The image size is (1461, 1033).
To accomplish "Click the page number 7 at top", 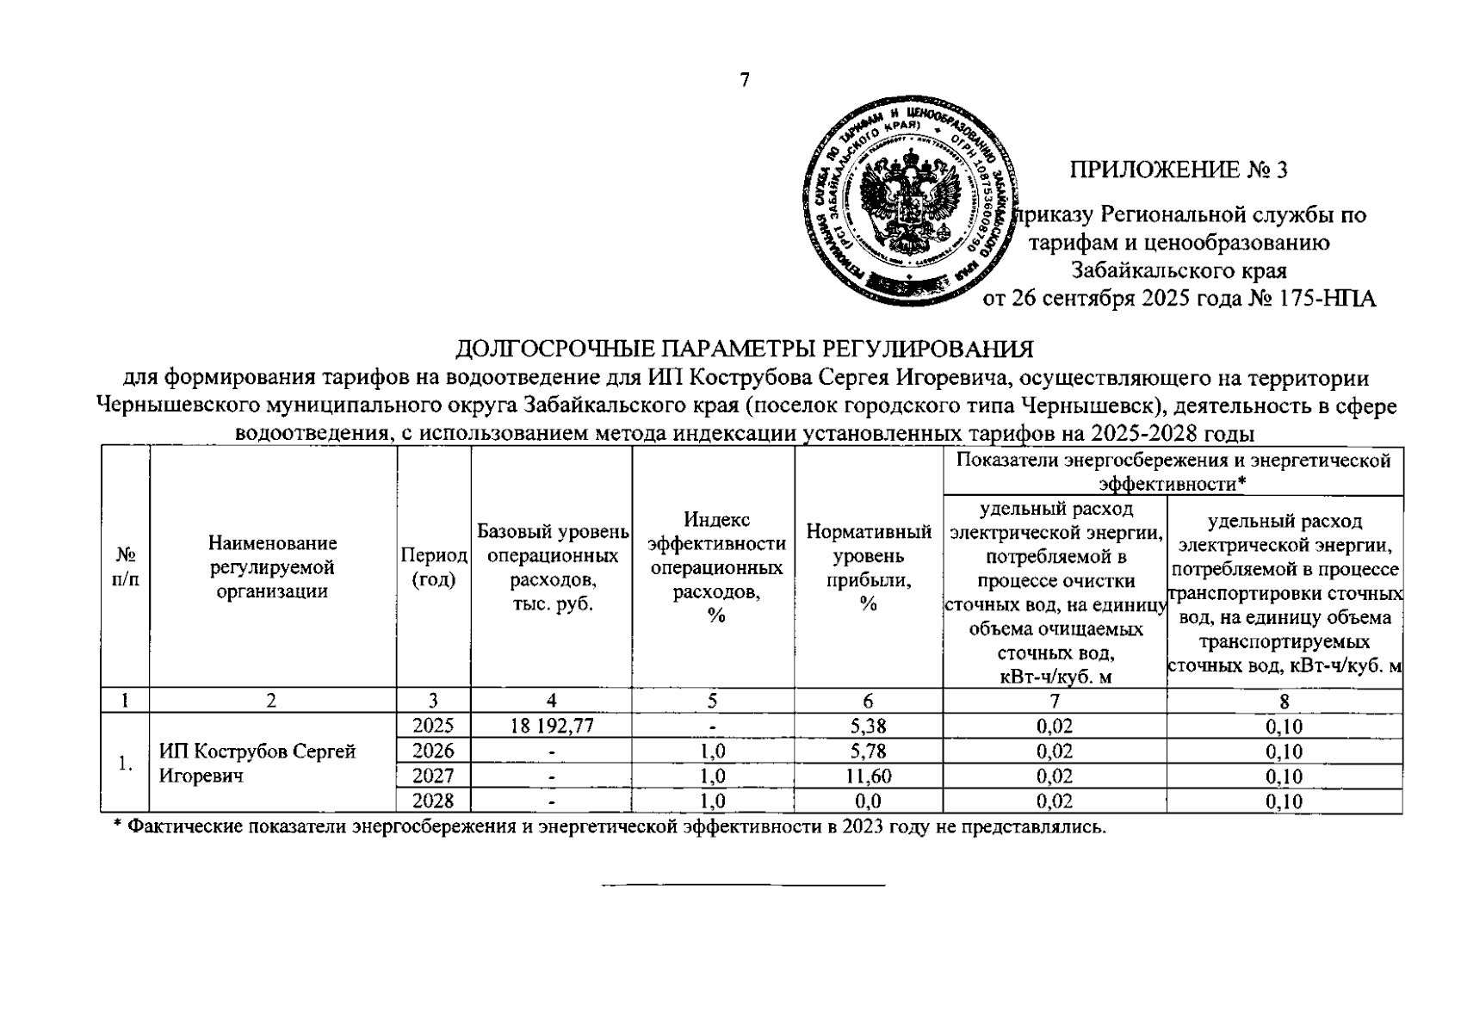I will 745,81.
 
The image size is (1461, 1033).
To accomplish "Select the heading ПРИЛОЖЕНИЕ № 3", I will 1178,170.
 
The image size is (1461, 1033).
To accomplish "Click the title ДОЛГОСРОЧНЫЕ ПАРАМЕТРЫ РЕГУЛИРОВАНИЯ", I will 744,349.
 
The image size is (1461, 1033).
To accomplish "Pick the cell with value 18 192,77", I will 551,726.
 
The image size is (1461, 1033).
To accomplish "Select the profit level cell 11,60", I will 868,776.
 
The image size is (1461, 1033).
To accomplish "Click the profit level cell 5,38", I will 868,726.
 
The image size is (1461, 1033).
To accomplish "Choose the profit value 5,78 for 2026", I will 868,752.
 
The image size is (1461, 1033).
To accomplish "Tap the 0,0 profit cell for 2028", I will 868,801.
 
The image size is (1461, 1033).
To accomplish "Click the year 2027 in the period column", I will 433,776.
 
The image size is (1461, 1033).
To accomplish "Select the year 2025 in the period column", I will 433,726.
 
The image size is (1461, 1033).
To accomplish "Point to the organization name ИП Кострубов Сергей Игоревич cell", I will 258,764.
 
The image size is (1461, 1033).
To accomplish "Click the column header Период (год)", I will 433,567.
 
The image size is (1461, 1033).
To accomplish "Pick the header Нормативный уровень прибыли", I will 868,568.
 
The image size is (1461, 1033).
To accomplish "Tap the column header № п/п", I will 126,567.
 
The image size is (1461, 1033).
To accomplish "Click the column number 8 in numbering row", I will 1285,701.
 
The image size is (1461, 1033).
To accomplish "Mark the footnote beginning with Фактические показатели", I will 609,827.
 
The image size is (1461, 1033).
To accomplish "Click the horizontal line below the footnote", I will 743,885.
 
